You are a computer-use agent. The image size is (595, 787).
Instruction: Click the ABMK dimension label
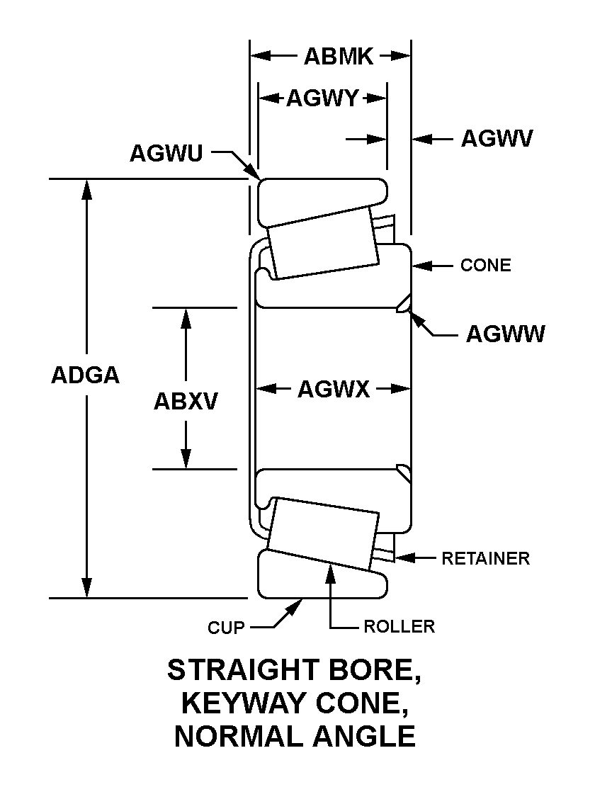click(x=338, y=57)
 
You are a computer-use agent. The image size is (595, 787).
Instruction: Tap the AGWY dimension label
click(x=322, y=98)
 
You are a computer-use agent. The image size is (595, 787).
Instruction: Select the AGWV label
click(x=497, y=138)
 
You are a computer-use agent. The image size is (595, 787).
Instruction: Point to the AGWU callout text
click(x=166, y=152)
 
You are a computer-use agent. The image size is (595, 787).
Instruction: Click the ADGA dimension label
click(x=85, y=375)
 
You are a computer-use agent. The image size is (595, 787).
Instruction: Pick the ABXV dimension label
click(x=186, y=402)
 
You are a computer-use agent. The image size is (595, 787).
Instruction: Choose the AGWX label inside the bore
click(x=334, y=389)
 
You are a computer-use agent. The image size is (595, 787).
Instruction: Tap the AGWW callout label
click(x=505, y=334)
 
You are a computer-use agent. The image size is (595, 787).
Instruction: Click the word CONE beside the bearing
click(x=485, y=266)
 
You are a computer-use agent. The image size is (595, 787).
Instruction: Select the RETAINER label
click(x=485, y=558)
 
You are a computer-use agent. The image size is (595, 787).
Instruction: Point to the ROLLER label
click(x=399, y=627)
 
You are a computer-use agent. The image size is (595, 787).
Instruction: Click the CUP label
click(x=226, y=628)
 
